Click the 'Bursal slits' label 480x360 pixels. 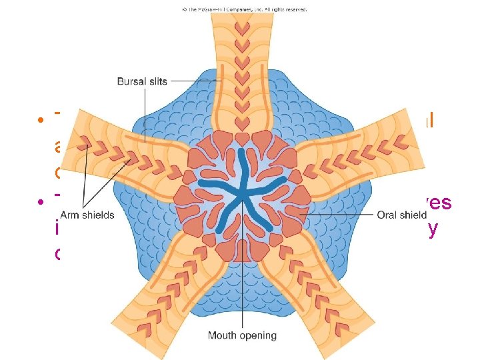[x=142, y=81]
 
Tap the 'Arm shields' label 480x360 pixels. [x=87, y=215]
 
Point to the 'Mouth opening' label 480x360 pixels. [x=242, y=335]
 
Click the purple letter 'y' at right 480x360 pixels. [x=432, y=229]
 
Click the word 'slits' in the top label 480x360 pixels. [x=156, y=81]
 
